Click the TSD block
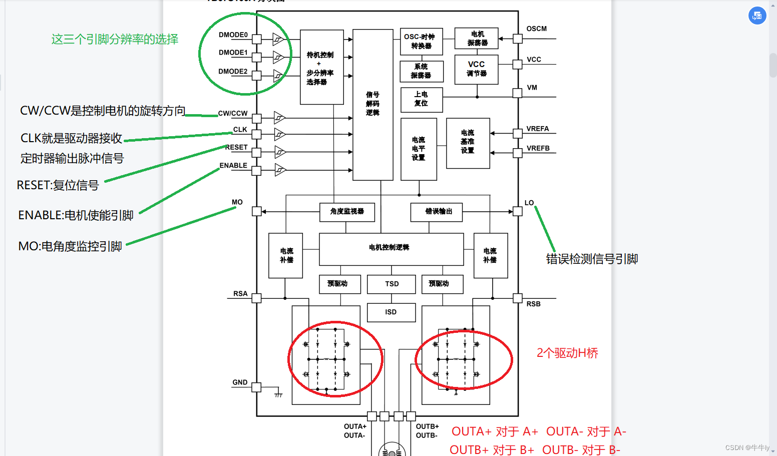(392, 284)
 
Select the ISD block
(391, 312)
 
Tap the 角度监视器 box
(347, 212)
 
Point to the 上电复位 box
(422, 99)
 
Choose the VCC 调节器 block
(476, 69)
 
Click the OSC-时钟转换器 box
(421, 42)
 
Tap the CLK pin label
(240, 130)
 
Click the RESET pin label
(237, 147)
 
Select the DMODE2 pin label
(233, 72)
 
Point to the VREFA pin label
(538, 129)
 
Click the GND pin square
(256, 387)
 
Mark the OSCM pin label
(537, 29)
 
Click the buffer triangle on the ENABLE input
(279, 170)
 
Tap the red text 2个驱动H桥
(567, 353)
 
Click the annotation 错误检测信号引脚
(592, 259)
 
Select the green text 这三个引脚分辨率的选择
(115, 39)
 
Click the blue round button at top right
(757, 16)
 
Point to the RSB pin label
(533, 304)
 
